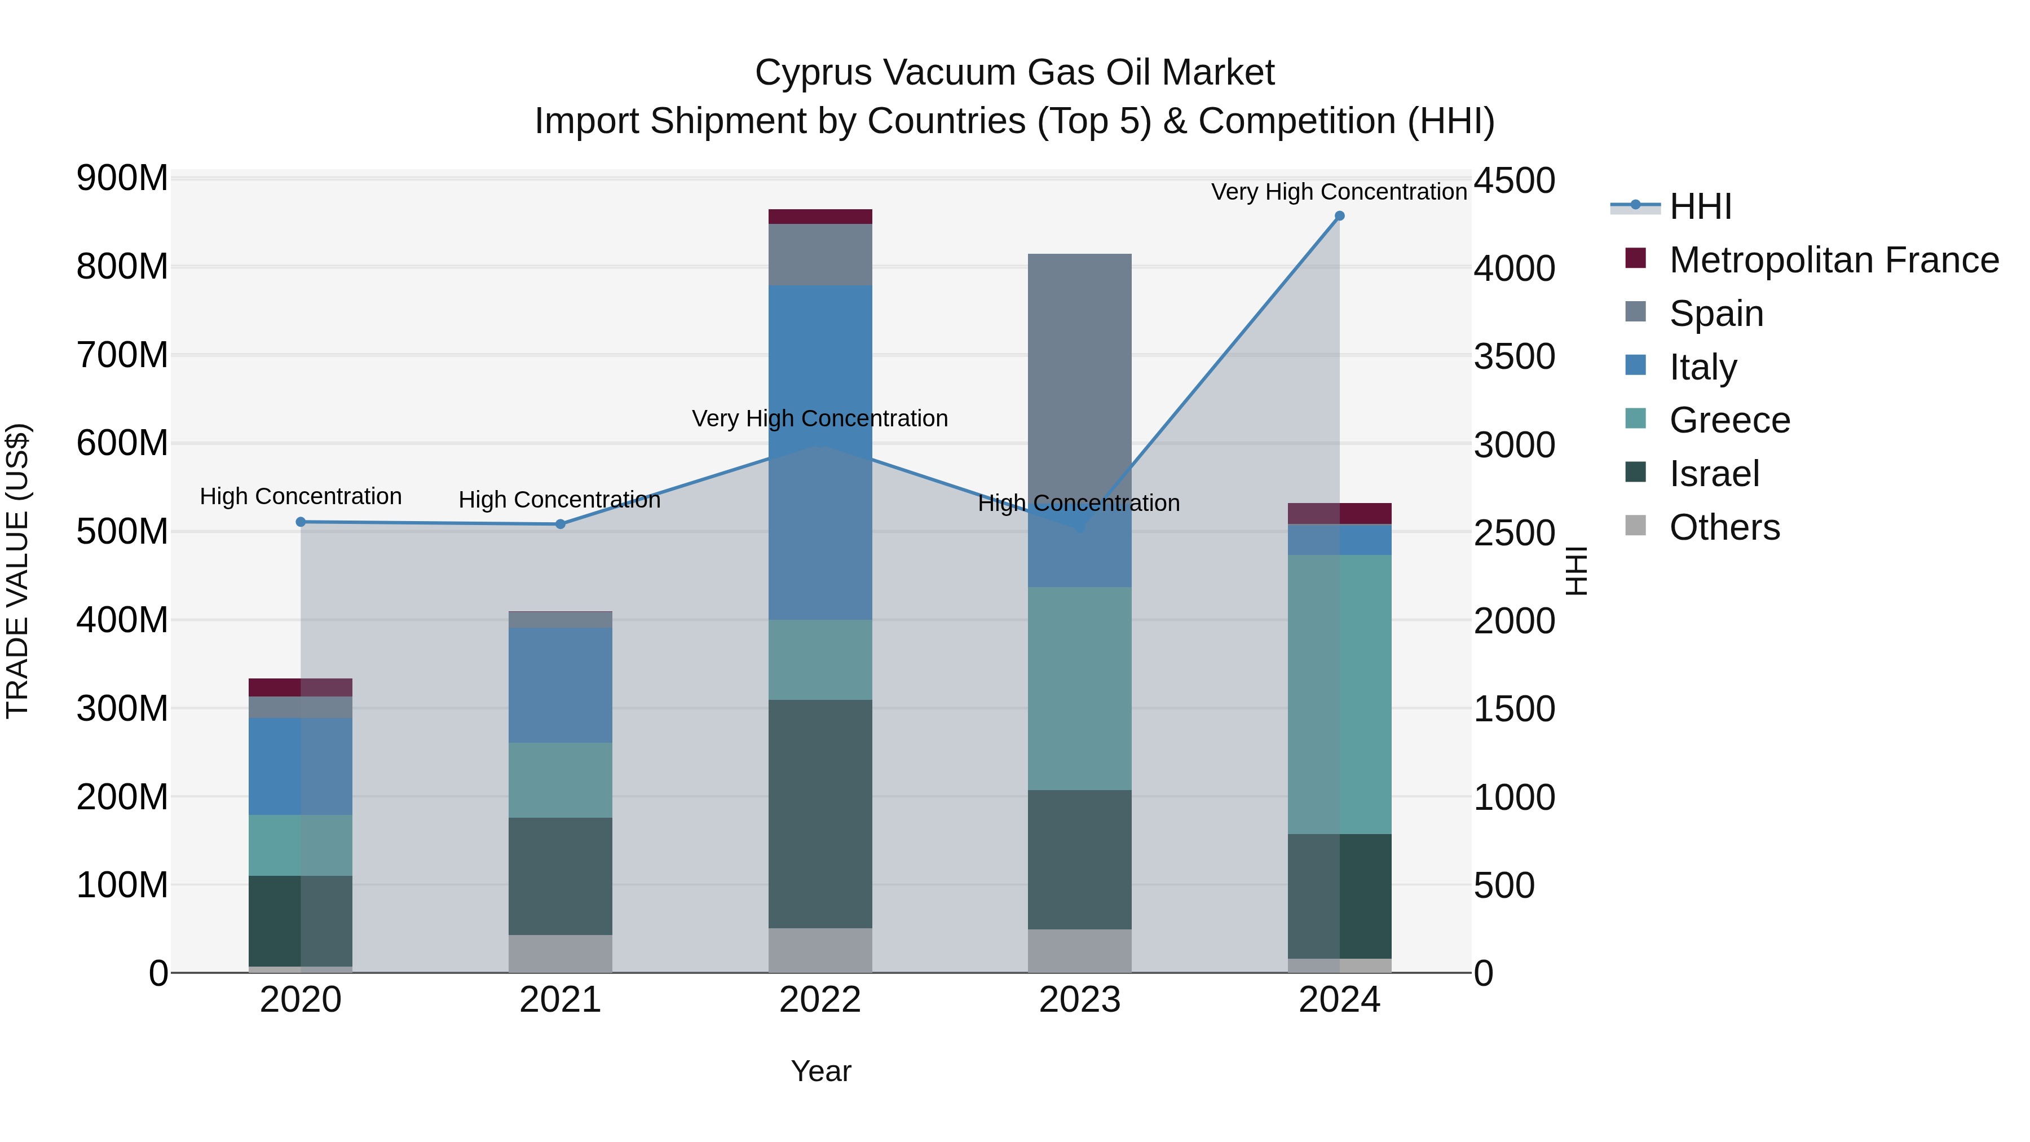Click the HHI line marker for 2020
[x=300, y=522]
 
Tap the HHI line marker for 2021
[x=561, y=524]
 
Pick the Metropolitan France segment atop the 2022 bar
[x=819, y=217]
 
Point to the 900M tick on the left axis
[x=122, y=179]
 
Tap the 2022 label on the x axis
[x=819, y=1000]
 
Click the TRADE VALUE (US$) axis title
[x=17, y=571]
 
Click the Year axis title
[x=820, y=1071]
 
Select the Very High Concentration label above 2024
[x=1338, y=192]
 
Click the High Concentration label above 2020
[x=300, y=496]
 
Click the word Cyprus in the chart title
[x=813, y=73]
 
